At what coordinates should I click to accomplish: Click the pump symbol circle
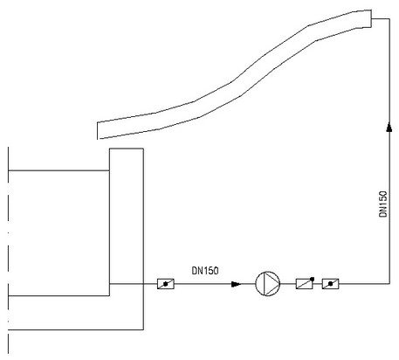coord(268,283)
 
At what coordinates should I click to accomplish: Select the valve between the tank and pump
coord(166,284)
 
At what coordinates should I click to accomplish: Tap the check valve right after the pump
coord(305,283)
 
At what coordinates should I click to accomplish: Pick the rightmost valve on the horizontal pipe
coord(330,284)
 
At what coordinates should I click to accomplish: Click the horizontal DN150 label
coord(205,271)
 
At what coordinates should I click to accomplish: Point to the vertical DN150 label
coord(383,204)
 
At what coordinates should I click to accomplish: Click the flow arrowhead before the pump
coord(236,284)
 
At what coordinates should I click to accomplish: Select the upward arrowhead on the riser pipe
coord(389,127)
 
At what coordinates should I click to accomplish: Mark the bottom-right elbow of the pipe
coord(389,283)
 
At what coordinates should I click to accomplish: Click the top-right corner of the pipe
coord(389,18)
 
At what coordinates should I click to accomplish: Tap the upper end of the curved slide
coord(371,18)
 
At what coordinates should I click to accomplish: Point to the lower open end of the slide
coord(97,130)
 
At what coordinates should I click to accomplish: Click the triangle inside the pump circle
coord(270,283)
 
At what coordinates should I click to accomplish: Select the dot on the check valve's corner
coord(313,279)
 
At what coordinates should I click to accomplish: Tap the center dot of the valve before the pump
coord(166,284)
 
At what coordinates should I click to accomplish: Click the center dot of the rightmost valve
coord(330,284)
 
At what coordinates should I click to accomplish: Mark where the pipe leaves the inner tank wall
coord(109,283)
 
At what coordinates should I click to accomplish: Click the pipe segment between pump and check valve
coord(288,283)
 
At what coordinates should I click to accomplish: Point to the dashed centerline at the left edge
coord(8,251)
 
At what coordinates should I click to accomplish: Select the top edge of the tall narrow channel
coord(127,149)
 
